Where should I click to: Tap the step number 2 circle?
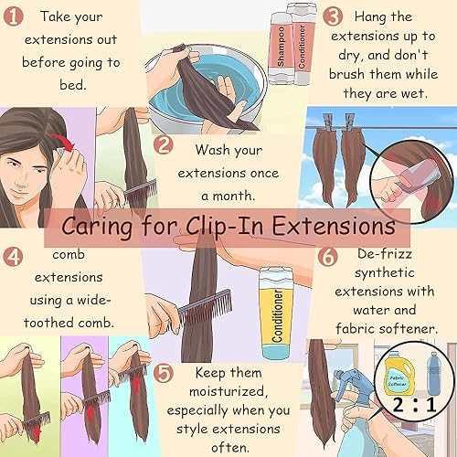[164, 144]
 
